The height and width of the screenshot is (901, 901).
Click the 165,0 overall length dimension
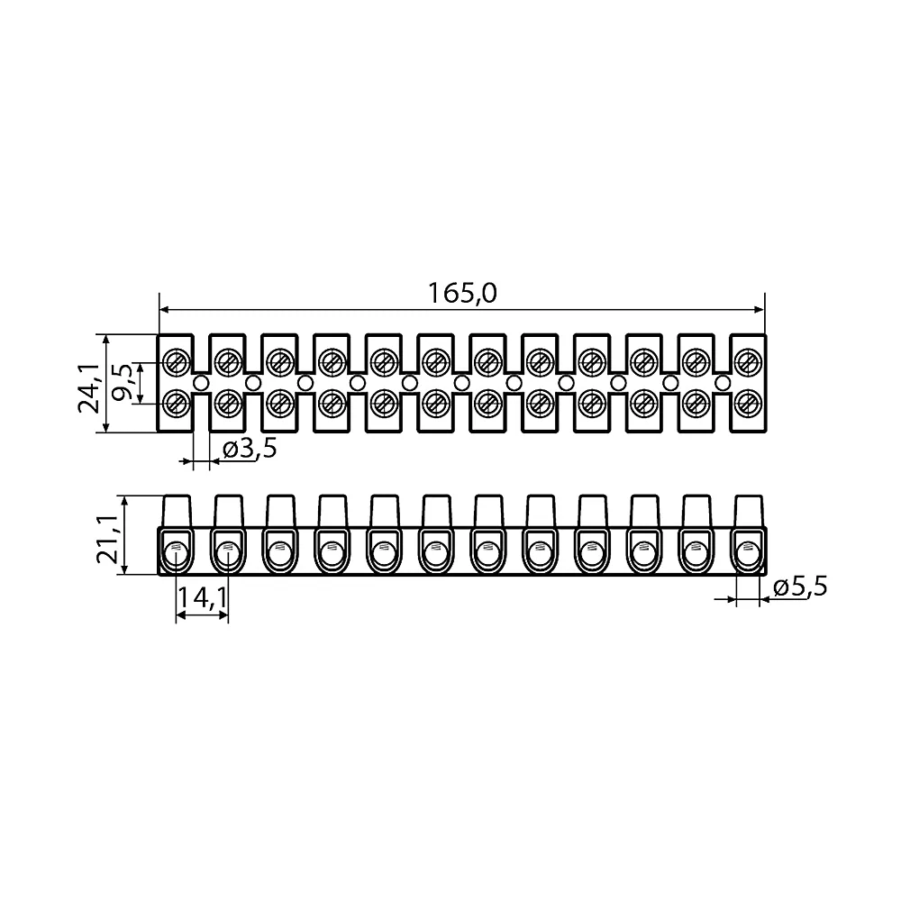pos(462,294)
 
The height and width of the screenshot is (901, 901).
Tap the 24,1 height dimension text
pos(89,389)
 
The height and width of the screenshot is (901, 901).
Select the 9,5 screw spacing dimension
pos(123,381)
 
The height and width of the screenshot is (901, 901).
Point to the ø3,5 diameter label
pos(250,448)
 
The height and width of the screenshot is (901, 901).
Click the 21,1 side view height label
pos(108,539)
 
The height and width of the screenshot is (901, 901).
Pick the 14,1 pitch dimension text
pos(202,598)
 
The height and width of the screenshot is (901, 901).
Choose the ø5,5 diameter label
pos(800,587)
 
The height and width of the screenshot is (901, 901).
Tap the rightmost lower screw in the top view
pos(748,404)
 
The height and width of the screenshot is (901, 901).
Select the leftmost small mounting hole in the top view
pos(201,383)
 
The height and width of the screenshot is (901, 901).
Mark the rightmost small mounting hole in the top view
pos(723,383)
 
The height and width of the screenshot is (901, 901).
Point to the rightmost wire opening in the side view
pos(748,556)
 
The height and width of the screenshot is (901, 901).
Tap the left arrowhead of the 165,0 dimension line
pos(164,310)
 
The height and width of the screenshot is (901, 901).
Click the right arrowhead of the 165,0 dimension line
pos(759,310)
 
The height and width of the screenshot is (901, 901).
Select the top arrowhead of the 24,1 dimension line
pos(105,340)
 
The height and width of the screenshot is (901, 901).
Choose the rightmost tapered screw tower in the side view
pos(749,510)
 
